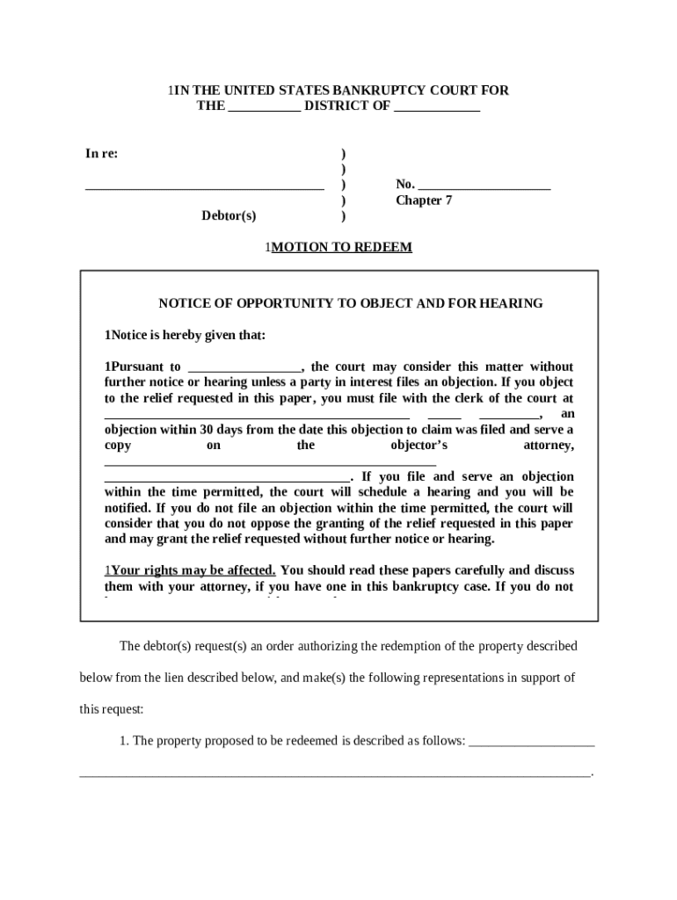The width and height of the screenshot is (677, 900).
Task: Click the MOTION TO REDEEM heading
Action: [341, 248]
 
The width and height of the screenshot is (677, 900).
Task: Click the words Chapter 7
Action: [424, 200]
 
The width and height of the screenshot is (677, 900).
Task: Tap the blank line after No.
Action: [484, 185]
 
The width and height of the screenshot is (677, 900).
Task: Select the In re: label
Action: [102, 154]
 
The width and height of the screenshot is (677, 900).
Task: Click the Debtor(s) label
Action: [229, 216]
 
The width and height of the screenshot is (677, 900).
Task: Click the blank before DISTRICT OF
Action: [264, 107]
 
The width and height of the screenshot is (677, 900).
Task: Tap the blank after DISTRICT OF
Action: [437, 107]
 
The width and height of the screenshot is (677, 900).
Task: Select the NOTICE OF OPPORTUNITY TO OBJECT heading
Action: [350, 303]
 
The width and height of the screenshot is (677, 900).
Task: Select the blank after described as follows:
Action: [532, 742]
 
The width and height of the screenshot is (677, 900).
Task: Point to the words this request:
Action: [111, 709]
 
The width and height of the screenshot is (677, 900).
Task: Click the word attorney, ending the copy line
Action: [549, 446]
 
